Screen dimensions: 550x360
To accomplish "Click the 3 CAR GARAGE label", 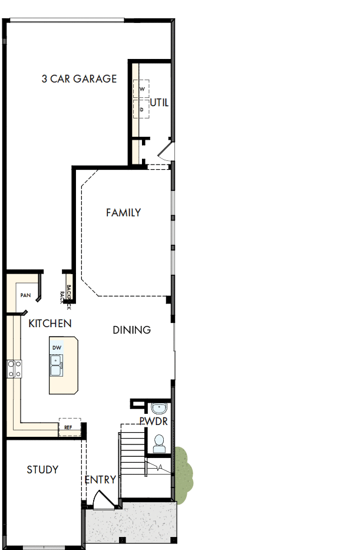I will coord(79,78).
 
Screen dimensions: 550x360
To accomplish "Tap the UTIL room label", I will coord(159,103).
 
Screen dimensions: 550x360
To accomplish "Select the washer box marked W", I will coord(141,88).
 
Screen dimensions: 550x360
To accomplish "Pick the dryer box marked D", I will coord(141,108).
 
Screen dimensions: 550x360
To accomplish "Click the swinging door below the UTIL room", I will coord(165,154).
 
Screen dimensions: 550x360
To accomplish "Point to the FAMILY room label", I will coord(123,212).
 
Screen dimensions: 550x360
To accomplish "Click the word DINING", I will coord(131,330).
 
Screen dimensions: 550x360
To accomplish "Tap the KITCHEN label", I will coord(50,323).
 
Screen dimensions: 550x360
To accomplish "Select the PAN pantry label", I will coord(25,295).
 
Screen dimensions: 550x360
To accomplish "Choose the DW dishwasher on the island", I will coord(57,348).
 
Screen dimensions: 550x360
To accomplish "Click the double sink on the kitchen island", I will coord(57,366).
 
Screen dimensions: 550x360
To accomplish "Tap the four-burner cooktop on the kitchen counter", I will coord(14,369).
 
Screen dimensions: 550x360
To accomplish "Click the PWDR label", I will coord(154,421).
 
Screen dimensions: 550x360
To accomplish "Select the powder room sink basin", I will coord(158,408).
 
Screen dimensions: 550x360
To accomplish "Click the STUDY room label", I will coord(42,469).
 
